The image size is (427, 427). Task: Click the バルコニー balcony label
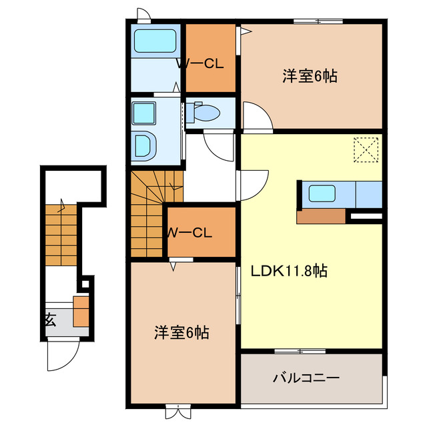click(306, 378)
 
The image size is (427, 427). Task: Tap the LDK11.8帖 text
click(289, 272)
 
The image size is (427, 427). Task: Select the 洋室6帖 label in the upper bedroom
click(309, 76)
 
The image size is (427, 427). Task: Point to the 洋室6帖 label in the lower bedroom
click(181, 332)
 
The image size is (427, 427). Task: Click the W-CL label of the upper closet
click(199, 64)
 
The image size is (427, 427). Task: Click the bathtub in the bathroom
click(155, 43)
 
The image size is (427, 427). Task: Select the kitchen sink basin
click(322, 195)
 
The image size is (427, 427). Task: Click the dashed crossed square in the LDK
click(365, 149)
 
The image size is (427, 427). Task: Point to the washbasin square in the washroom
click(143, 113)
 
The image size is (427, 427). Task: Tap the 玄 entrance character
click(50, 319)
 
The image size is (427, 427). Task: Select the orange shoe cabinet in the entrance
click(81, 311)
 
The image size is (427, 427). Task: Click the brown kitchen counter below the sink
click(322, 216)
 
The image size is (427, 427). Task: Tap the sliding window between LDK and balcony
click(300, 351)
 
